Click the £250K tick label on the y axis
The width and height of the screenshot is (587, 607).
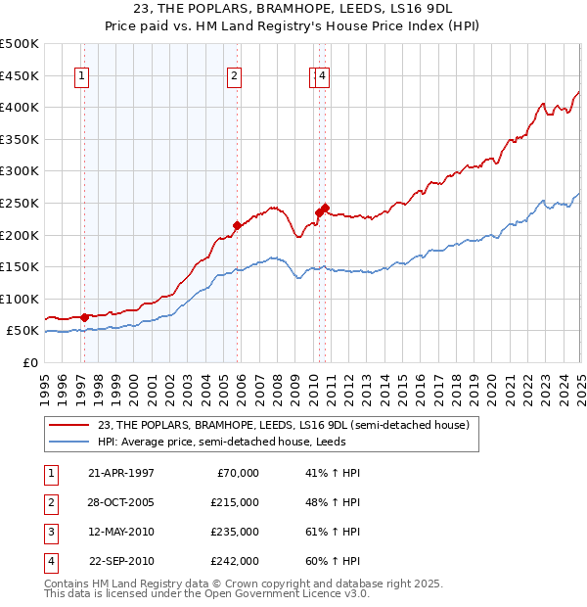20,203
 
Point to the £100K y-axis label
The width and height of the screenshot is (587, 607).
20,299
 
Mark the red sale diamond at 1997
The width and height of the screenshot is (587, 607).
85,317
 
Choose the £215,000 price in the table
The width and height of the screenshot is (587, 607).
235,502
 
